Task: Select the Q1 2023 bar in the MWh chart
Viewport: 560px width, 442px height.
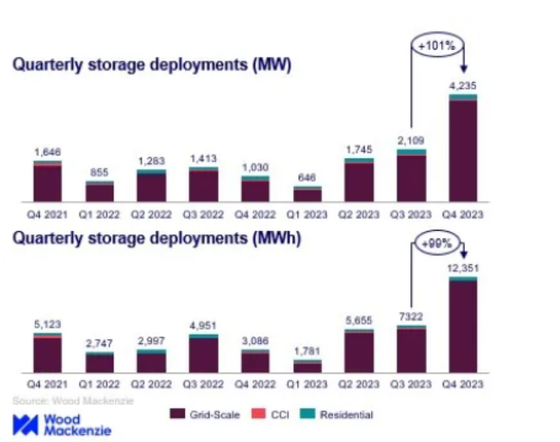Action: point(307,366)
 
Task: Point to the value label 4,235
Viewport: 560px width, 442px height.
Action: point(463,85)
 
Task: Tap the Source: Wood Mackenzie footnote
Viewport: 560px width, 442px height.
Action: point(73,401)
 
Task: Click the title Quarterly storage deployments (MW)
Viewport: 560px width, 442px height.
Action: point(152,66)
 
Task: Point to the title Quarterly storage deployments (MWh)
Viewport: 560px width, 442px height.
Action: point(157,238)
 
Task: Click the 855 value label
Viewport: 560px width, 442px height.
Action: point(99,173)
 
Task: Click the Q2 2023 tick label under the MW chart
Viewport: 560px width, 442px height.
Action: point(359,215)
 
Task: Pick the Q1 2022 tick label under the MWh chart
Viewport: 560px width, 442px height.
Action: point(99,384)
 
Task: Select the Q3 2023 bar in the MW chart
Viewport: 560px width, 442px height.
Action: point(411,176)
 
